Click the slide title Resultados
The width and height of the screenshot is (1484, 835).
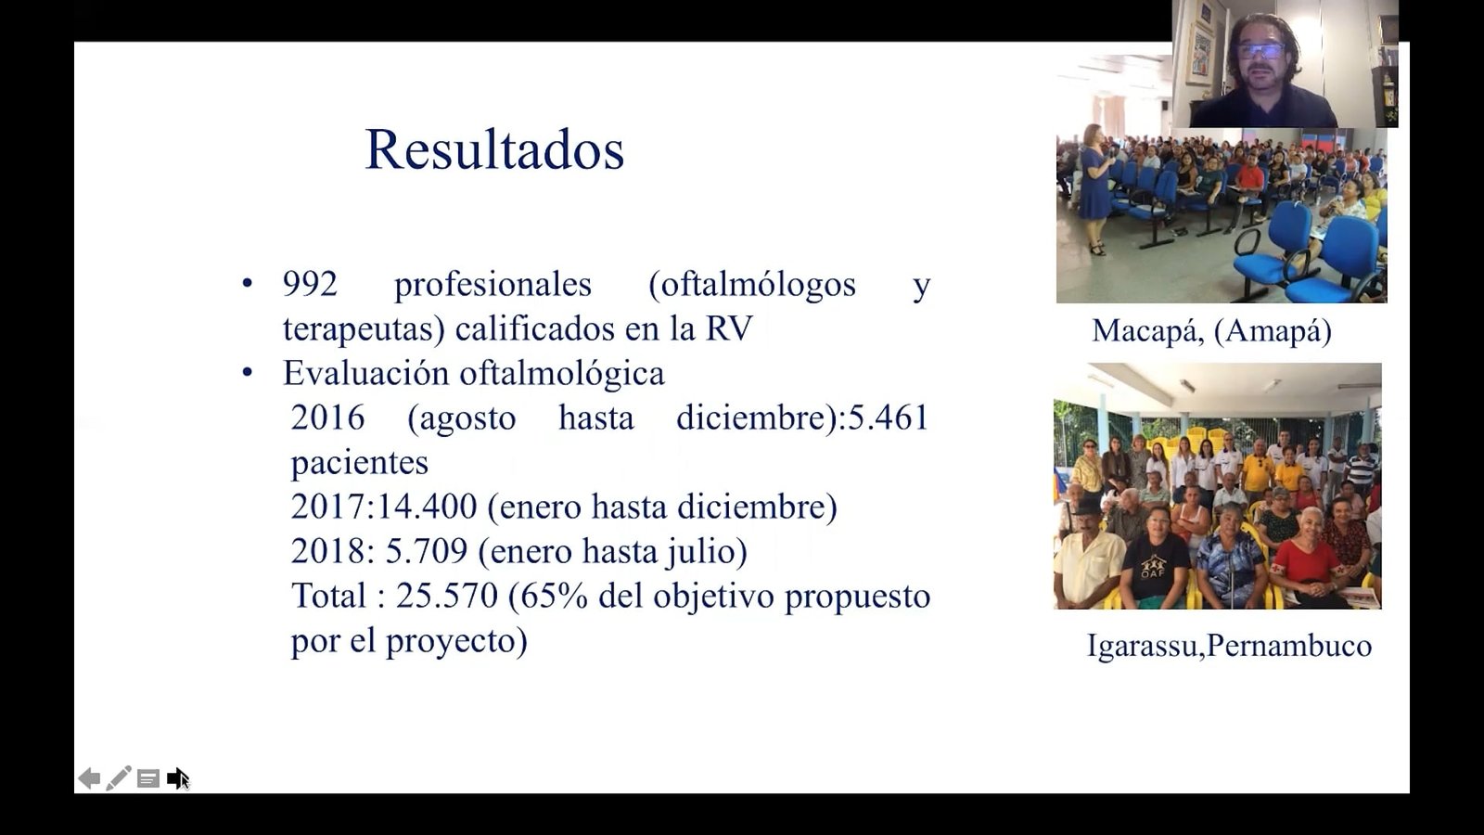coord(494,149)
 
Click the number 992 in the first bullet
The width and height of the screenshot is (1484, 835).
coord(310,284)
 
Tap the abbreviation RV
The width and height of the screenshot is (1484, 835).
coord(729,328)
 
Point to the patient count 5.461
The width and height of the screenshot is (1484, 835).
coord(888,418)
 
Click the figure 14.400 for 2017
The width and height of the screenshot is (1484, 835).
coord(427,507)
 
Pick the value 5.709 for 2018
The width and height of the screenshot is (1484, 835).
coord(426,551)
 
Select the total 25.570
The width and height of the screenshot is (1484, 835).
coord(446,596)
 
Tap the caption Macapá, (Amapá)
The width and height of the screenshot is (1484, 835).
coord(1211,330)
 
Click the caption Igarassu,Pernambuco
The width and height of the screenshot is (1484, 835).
coord(1229,646)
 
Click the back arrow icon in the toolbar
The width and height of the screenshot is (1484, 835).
coord(89,778)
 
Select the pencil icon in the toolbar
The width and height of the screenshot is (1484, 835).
coord(118,778)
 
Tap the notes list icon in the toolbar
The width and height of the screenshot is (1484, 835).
coord(147,778)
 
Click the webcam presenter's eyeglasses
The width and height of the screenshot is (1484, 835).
coord(1260,51)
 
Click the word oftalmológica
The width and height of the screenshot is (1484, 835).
coord(562,374)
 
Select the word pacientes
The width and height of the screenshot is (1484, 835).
coord(360,463)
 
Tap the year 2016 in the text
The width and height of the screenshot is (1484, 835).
coord(327,418)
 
